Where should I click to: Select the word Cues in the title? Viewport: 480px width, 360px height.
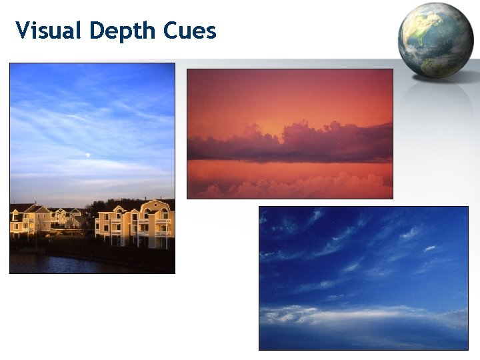[x=193, y=31]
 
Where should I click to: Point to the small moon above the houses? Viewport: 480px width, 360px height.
[x=88, y=156]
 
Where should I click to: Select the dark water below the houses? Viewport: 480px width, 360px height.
[x=67, y=261]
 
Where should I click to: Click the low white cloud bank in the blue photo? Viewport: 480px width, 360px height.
[x=347, y=313]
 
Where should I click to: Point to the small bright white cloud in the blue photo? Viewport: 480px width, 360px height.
[x=430, y=249]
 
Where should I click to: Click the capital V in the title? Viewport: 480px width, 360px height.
[x=23, y=31]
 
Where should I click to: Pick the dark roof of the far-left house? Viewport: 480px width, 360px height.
[x=20, y=207]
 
